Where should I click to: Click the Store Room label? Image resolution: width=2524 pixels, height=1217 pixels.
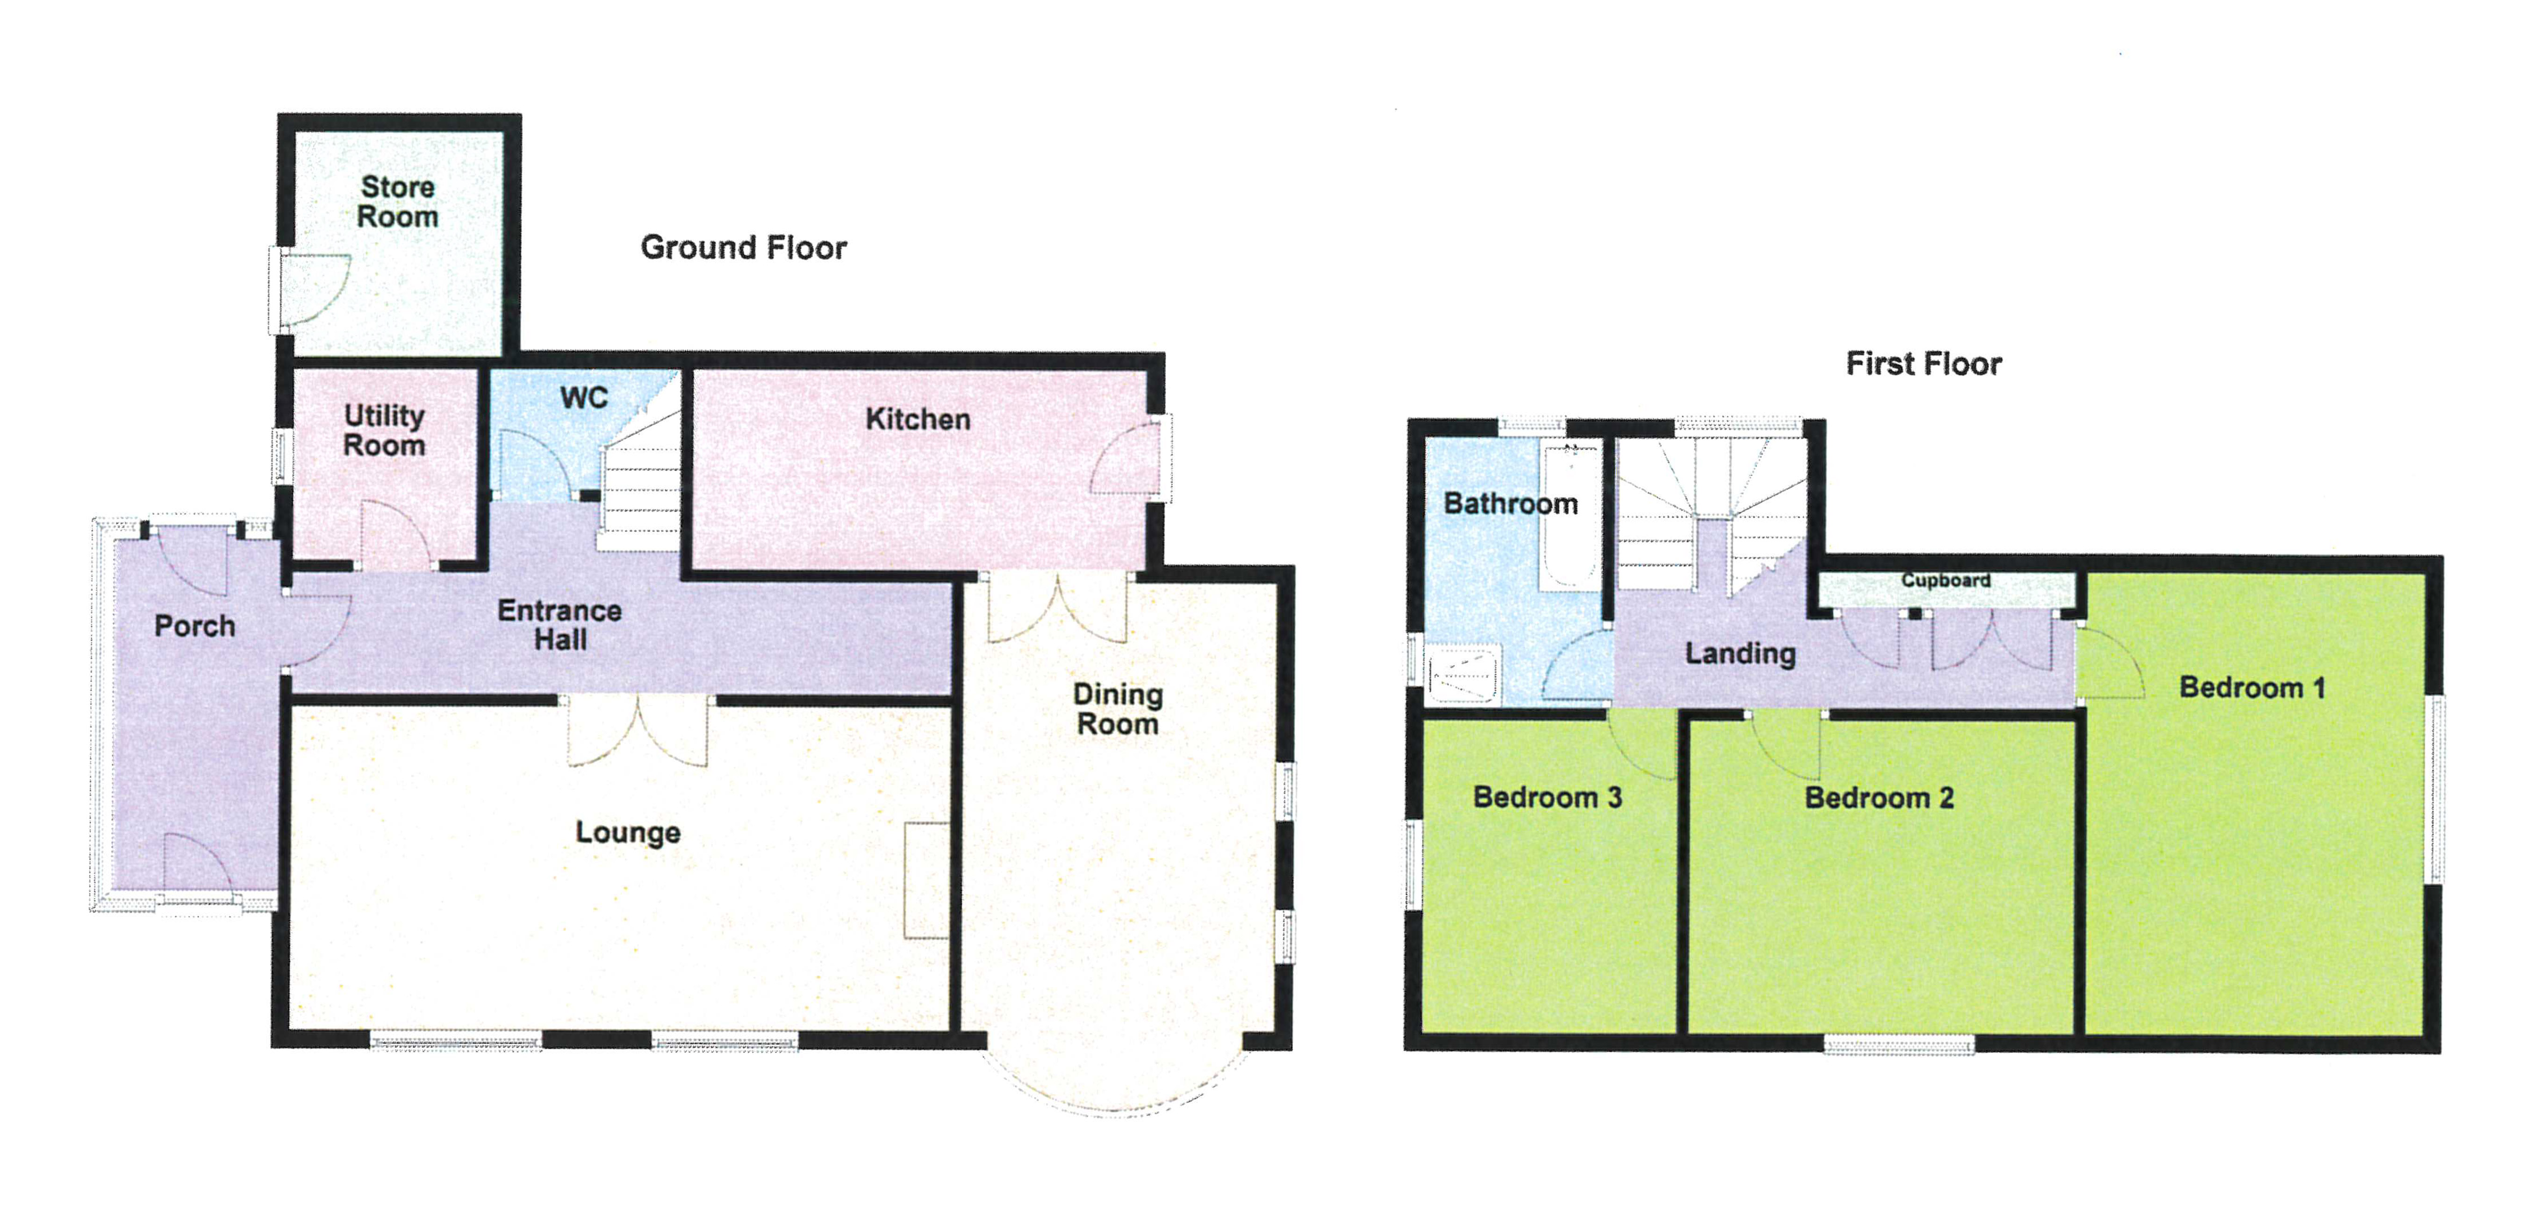pyautogui.click(x=397, y=202)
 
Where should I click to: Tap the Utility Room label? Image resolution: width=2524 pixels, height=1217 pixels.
pyautogui.click(x=384, y=430)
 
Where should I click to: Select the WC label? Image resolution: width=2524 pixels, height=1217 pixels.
pyautogui.click(x=584, y=398)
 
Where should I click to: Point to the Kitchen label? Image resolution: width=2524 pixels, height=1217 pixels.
pyautogui.click(x=918, y=419)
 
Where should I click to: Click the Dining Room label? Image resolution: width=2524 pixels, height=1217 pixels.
pyautogui.click(x=1117, y=709)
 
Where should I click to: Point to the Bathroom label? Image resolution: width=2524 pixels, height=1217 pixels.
pyautogui.click(x=1511, y=504)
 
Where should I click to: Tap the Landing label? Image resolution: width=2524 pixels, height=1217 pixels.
pyautogui.click(x=1740, y=653)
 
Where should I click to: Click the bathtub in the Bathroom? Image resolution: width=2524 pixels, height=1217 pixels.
pyautogui.click(x=1570, y=517)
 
